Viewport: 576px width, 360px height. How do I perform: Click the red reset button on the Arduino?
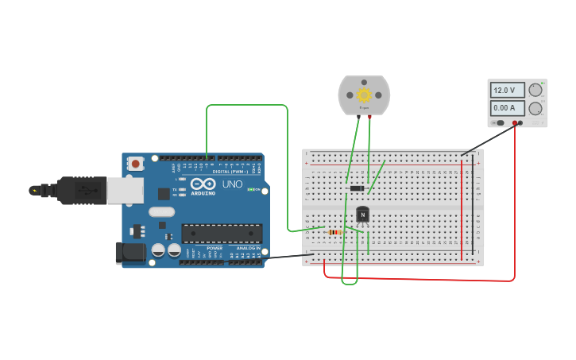[136, 164]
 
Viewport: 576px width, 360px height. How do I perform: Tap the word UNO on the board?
[232, 184]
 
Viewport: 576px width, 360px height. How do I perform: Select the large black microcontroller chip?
[222, 233]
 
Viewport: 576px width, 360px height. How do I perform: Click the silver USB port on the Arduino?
[125, 190]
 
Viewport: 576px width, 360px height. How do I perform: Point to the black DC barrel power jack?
[130, 253]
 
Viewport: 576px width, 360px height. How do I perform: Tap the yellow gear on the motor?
[364, 95]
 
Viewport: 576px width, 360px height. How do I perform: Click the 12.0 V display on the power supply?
[507, 91]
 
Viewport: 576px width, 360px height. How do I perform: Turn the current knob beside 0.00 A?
[536, 108]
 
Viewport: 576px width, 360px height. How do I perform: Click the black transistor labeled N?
[362, 214]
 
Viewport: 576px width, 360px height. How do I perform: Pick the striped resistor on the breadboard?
[335, 232]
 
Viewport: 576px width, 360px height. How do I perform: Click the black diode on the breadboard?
[358, 188]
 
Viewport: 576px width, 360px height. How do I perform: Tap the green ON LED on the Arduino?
[252, 189]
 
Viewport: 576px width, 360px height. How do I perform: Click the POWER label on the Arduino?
[215, 248]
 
